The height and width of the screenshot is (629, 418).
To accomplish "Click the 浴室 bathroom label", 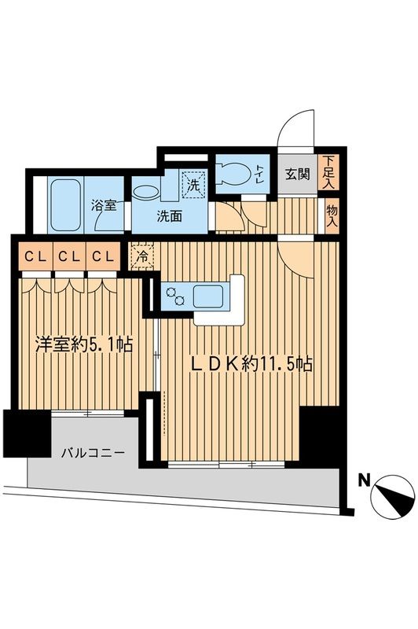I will (104, 206).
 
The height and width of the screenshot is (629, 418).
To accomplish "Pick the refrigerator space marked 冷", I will (143, 255).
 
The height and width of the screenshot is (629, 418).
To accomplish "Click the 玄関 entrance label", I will (296, 175).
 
